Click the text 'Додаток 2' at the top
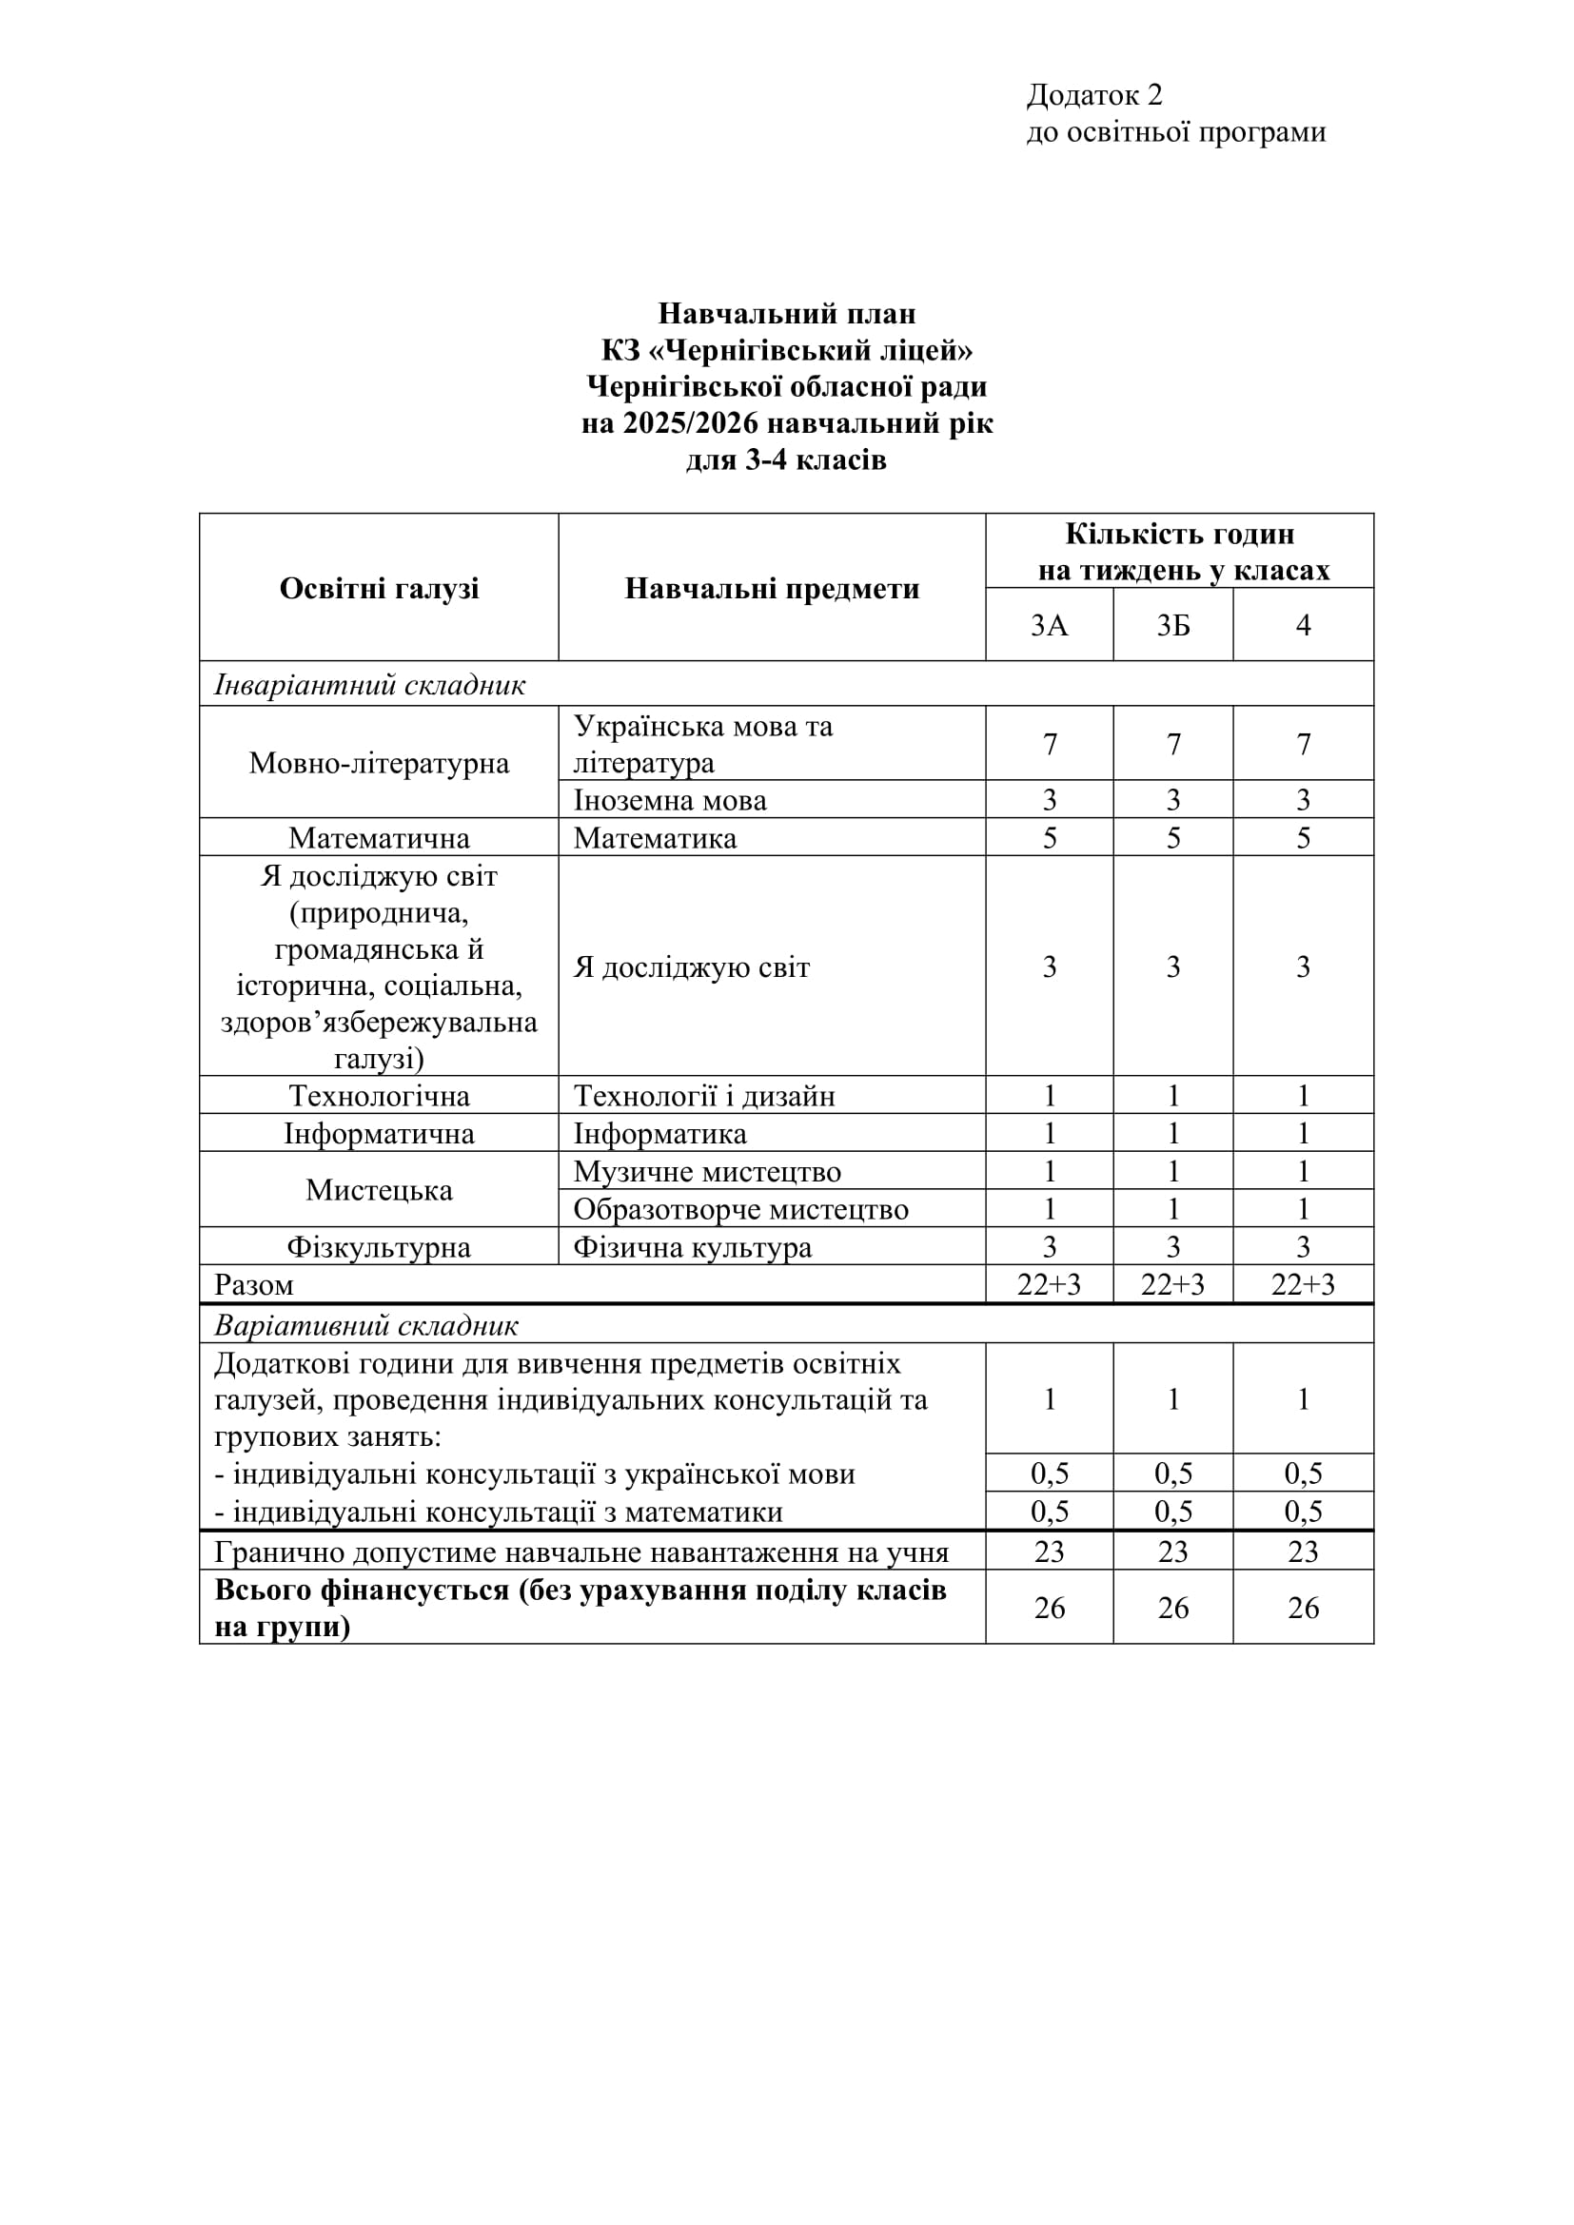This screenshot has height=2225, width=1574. (1094, 95)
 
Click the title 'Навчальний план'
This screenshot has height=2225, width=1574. (786, 313)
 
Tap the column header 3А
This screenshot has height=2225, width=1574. (1049, 626)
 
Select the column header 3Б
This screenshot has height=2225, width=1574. (1172, 626)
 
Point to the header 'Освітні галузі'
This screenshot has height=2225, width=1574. (379, 588)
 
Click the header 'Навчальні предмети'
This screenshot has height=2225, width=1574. (772, 588)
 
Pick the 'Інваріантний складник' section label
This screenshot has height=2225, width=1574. (369, 685)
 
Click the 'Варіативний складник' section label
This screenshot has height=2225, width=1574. (365, 1325)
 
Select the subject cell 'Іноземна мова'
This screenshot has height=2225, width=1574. (670, 800)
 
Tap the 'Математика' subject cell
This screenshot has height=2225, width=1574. (654, 838)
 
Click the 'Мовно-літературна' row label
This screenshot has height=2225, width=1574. (379, 763)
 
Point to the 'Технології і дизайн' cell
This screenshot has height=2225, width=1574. (703, 1096)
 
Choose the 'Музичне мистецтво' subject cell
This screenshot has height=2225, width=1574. (706, 1172)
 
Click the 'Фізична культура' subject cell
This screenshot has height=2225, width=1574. (692, 1247)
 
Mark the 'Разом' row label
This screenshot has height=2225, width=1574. (253, 1285)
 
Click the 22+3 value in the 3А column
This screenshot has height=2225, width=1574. (1049, 1285)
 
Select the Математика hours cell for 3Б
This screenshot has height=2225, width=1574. (1172, 838)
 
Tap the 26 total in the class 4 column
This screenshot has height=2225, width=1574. (1303, 1608)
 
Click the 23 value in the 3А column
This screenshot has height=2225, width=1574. (1049, 1552)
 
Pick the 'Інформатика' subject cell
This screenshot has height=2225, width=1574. (659, 1134)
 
